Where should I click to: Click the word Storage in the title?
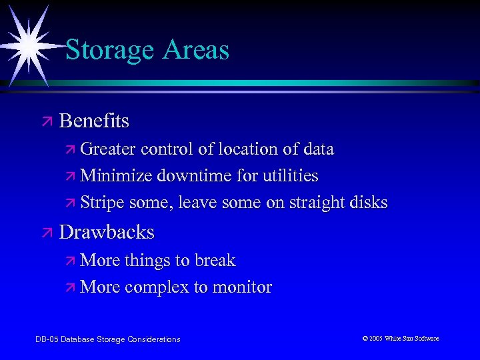pos(106,51)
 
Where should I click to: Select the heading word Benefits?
pos(94,121)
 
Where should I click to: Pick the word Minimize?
pos(117,176)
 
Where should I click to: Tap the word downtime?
pos(192,176)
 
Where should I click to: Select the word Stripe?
pos(106,203)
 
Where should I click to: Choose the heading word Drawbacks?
pos(107,232)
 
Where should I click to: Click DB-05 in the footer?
pos(46,339)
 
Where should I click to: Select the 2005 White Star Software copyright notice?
pos(401,339)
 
